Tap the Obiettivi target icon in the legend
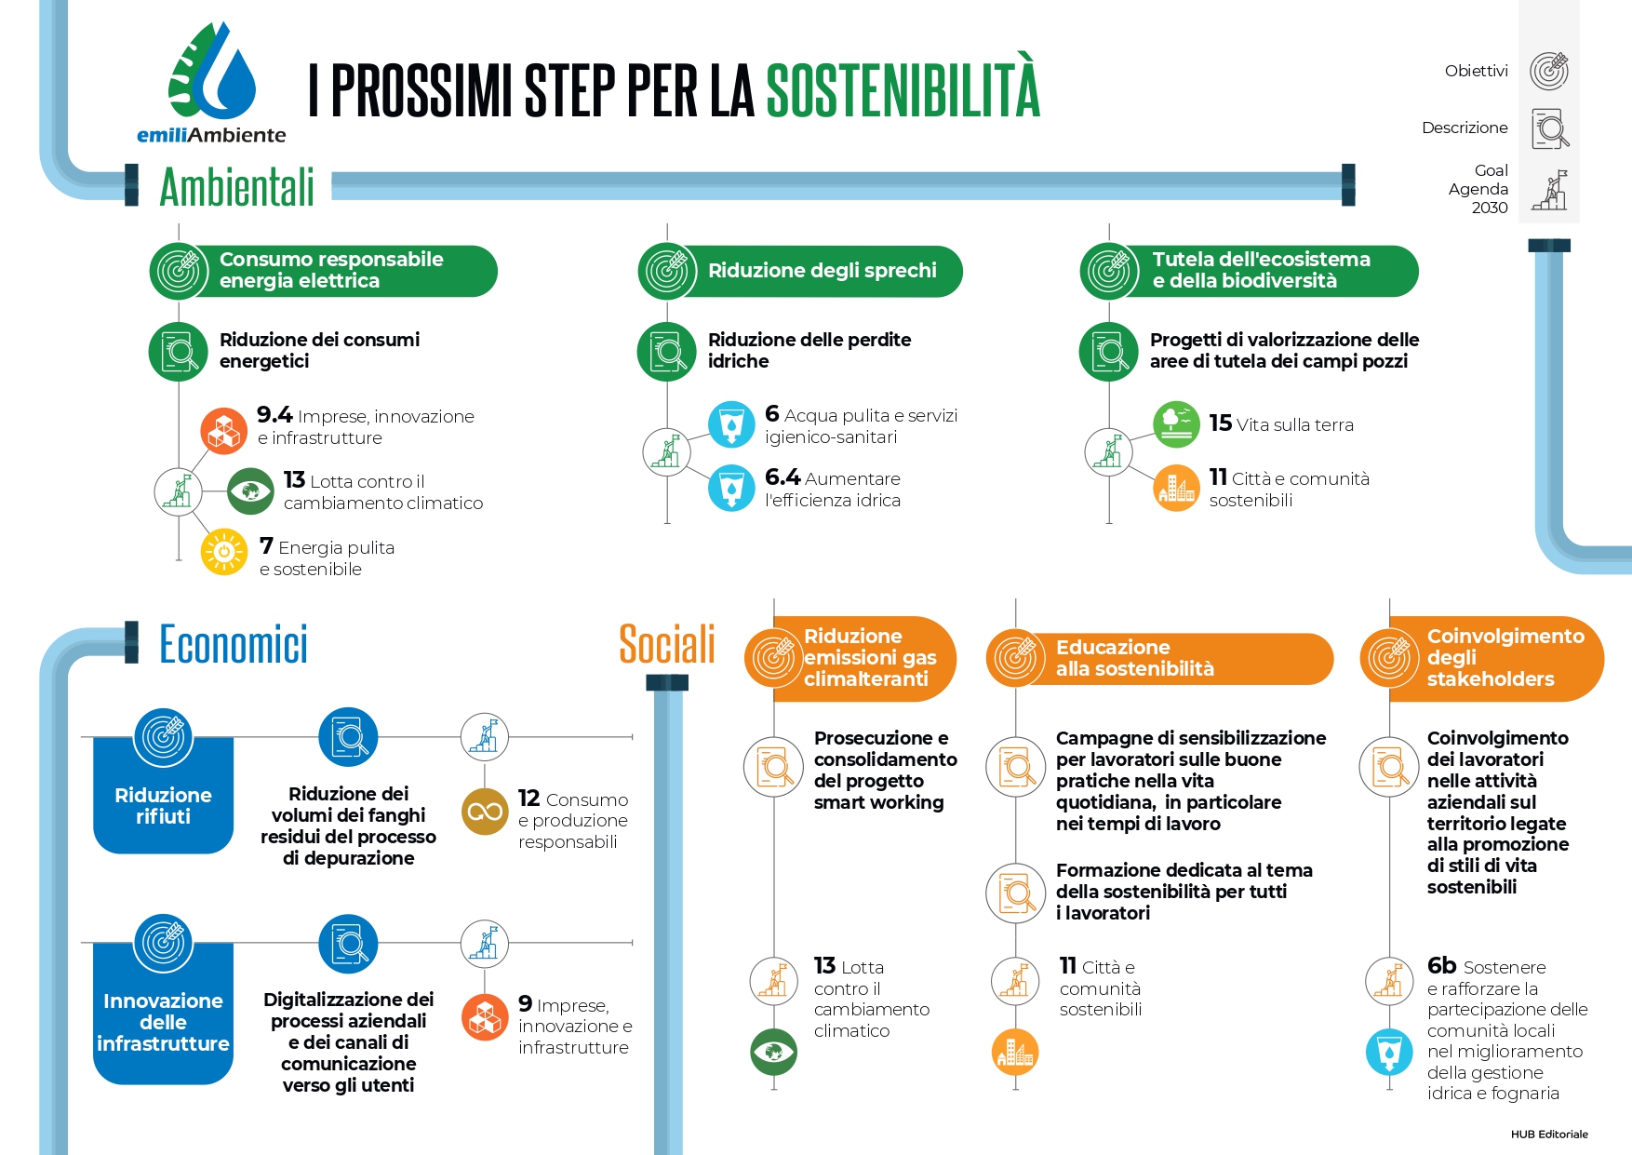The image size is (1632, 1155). click(x=1549, y=72)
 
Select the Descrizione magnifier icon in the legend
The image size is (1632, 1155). click(x=1550, y=129)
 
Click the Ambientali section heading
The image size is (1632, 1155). click(x=237, y=187)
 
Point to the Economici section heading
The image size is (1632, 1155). click(x=234, y=644)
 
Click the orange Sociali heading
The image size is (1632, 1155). click(x=667, y=644)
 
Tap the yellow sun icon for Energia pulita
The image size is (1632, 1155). click(x=224, y=552)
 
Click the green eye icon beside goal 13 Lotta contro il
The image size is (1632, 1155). click(x=250, y=490)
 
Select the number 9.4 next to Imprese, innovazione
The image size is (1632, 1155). click(x=274, y=415)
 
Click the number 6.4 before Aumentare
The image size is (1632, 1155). click(x=783, y=477)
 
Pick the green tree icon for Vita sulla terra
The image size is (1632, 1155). click(x=1176, y=423)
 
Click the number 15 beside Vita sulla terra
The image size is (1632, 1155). click(x=1221, y=423)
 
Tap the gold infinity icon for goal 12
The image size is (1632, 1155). click(x=485, y=812)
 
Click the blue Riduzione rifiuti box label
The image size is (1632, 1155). click(x=163, y=806)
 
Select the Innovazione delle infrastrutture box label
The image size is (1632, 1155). click(x=163, y=1022)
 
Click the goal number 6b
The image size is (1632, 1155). click(x=1442, y=966)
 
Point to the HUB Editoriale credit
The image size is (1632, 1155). click(x=1549, y=1134)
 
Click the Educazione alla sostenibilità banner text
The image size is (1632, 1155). click(x=1135, y=658)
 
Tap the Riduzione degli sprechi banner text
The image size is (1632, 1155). click(x=823, y=271)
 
